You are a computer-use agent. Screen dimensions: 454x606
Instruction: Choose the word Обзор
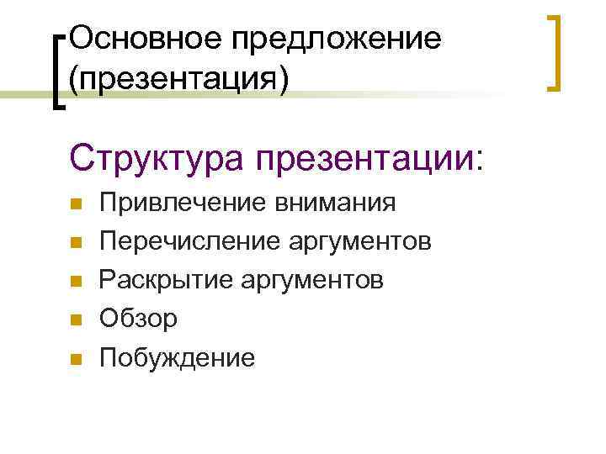tap(139, 319)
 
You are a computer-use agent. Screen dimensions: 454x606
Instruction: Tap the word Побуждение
tap(177, 358)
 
